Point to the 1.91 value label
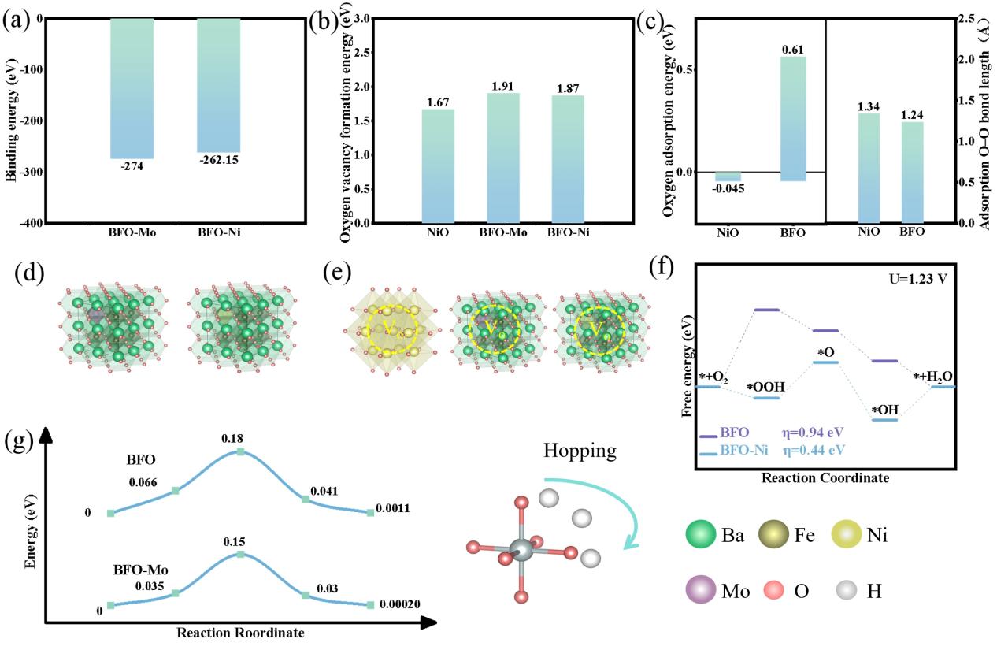503,85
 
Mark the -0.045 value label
728,188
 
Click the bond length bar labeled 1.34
869,169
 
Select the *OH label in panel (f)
886,409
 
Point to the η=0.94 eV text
811,433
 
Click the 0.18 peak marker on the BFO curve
241,451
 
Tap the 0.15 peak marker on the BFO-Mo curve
241,555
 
